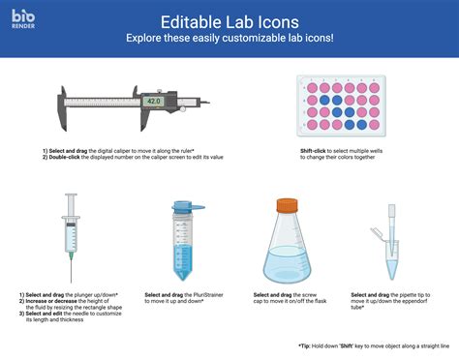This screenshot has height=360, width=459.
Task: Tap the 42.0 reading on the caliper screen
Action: coord(153,101)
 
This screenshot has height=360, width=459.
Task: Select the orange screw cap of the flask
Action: coord(287,205)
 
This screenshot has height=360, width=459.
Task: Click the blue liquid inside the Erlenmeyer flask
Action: coord(287,263)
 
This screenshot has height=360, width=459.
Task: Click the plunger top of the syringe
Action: coord(71,196)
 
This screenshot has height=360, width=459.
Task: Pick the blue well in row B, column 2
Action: coord(324,99)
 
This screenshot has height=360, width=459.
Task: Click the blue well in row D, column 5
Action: coord(362,124)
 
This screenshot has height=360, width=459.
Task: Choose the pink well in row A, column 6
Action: coord(375,87)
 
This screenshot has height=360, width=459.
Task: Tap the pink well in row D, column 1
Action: coord(312,124)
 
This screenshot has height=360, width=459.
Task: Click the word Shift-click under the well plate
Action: coord(317,151)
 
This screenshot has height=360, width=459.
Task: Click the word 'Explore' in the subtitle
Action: coord(146,39)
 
